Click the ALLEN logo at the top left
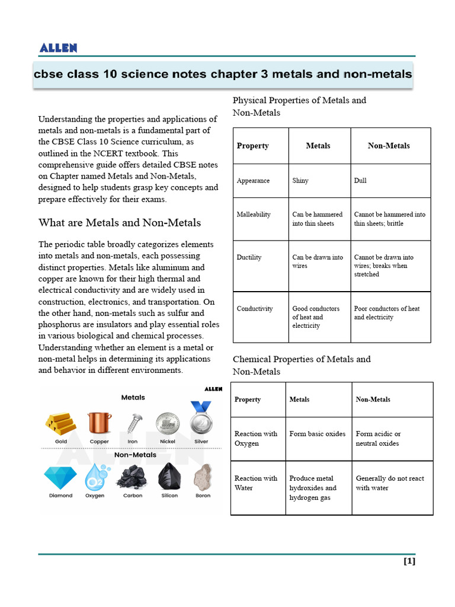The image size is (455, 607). [x=58, y=48]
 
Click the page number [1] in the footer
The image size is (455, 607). [x=409, y=561]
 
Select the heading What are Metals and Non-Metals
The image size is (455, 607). [x=119, y=223]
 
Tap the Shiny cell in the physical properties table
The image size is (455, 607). [x=300, y=181]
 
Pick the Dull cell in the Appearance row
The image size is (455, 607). [x=360, y=181]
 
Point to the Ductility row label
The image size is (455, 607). [x=249, y=257]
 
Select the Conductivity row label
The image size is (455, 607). [x=255, y=309]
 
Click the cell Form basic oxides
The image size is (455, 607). [x=317, y=434]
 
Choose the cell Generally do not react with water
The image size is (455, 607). [x=390, y=483]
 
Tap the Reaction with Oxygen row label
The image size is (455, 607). [x=256, y=439]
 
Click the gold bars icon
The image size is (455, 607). [x=61, y=422]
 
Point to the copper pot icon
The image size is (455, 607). [x=99, y=422]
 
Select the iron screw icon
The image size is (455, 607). [x=133, y=422]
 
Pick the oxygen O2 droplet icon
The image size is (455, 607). [x=95, y=476]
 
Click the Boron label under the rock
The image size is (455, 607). [x=203, y=496]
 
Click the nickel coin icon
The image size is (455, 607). [x=168, y=423]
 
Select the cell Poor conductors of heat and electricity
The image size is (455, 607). [x=387, y=313]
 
